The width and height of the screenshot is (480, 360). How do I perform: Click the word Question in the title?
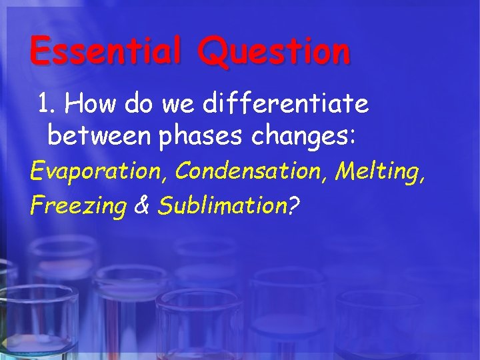(273, 52)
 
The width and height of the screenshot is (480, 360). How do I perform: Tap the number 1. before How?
(49, 104)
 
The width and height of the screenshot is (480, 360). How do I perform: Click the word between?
(100, 137)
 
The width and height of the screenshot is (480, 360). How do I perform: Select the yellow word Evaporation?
(98, 172)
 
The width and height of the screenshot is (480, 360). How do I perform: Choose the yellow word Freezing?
(78, 207)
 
